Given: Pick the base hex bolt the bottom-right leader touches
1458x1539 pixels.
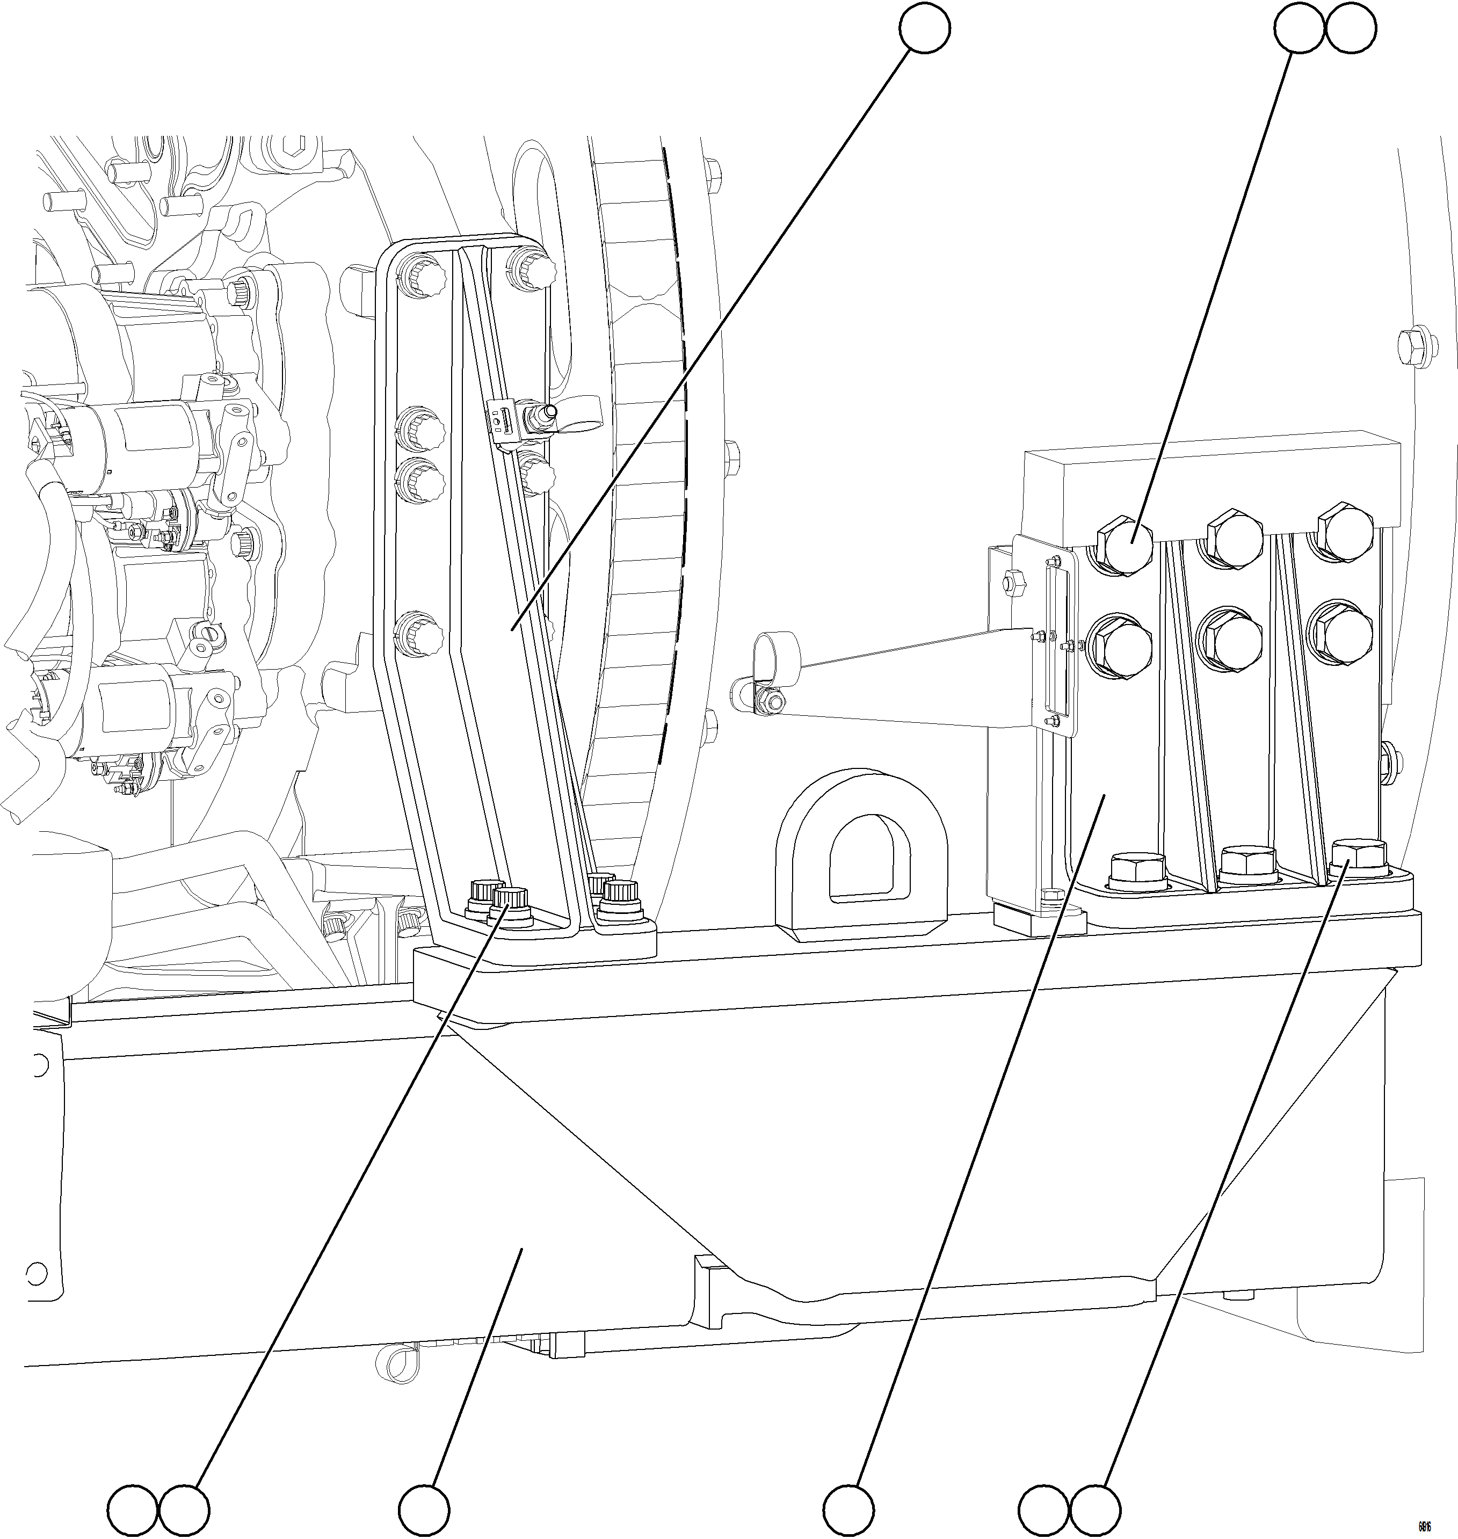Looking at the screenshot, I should [1359, 856].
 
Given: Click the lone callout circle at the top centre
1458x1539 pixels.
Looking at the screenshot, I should [924, 29].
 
